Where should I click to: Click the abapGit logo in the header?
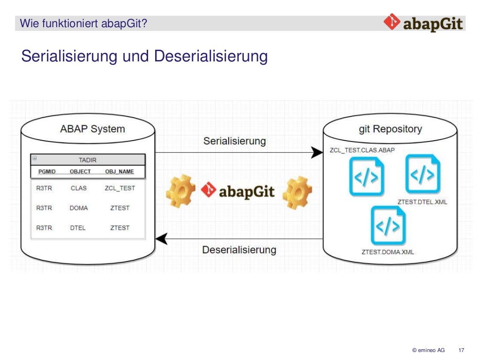(423, 22)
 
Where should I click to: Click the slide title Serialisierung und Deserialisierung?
(144, 56)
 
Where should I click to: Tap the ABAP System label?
(92, 128)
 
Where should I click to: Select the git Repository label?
(390, 128)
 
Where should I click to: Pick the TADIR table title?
(88, 160)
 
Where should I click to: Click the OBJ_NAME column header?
(119, 172)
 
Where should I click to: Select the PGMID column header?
(47, 172)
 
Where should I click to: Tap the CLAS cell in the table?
(79, 188)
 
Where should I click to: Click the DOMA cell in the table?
(79, 208)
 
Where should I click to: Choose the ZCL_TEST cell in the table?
(120, 188)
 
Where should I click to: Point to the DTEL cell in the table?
(79, 228)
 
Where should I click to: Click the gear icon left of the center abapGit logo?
(180, 191)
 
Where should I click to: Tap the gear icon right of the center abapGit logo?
(297, 191)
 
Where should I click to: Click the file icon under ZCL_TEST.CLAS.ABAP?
(367, 177)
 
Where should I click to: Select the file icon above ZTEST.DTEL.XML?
(423, 174)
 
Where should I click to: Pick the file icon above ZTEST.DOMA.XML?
(388, 225)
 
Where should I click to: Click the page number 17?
(461, 350)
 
